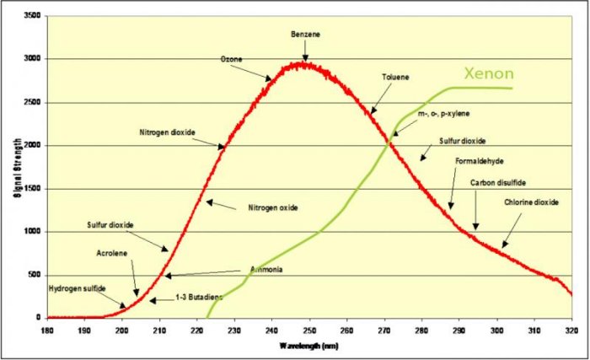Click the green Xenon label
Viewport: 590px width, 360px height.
pyautogui.click(x=490, y=73)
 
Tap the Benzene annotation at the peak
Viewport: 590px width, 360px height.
pyautogui.click(x=305, y=34)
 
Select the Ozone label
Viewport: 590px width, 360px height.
pyautogui.click(x=231, y=60)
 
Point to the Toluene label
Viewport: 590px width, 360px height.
pyautogui.click(x=395, y=77)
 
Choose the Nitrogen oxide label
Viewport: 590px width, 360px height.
pyautogui.click(x=273, y=207)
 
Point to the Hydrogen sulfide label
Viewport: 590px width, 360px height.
pyautogui.click(x=77, y=288)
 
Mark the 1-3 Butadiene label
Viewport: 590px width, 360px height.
pyautogui.click(x=199, y=298)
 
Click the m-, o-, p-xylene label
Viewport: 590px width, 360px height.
pyautogui.click(x=442, y=113)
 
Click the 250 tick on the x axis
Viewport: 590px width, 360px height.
pyautogui.click(x=309, y=329)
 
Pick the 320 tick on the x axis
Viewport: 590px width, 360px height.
pyautogui.click(x=571, y=329)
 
